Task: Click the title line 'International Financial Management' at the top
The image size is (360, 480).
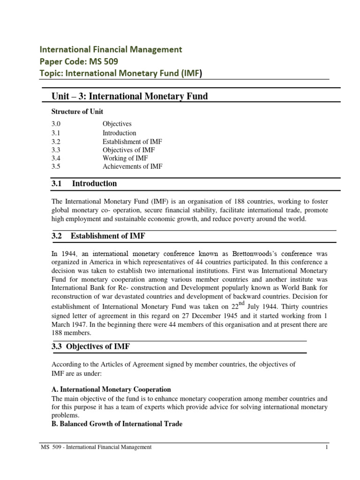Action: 111,49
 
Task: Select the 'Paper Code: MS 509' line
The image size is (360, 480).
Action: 79,61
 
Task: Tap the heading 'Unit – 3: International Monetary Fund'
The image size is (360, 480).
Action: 129,97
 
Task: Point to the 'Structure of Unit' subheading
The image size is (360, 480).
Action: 77,112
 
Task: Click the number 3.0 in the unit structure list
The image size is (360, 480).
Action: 56,124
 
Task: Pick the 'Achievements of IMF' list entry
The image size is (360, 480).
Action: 133,167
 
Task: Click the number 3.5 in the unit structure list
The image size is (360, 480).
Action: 56,167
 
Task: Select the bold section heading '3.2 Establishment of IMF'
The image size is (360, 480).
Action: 101,236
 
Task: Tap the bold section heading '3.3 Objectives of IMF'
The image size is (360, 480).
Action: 90,346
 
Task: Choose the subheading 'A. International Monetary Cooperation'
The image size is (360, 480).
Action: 111,390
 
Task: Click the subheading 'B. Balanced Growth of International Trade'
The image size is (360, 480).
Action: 117,424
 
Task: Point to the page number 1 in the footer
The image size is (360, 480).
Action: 326,447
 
